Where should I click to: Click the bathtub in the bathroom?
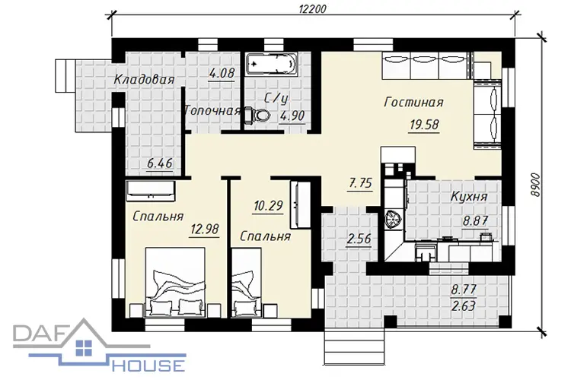tap(271, 65)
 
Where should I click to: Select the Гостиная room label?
tap(413, 102)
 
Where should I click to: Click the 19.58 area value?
tap(424, 125)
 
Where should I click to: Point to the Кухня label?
tap(469, 197)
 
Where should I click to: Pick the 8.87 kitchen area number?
tap(475, 220)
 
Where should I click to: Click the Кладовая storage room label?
tap(144, 79)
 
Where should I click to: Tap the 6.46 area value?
tap(160, 163)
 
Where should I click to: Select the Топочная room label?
tap(213, 110)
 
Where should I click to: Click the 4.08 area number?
tap(222, 73)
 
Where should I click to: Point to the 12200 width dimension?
tap(312, 8)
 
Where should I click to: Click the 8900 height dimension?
tap(535, 185)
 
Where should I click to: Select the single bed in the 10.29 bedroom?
tap(247, 283)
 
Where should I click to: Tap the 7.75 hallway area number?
tap(361, 183)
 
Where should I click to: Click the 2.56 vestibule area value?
tap(359, 239)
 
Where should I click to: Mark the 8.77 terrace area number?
tap(464, 290)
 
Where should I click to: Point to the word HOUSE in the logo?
tap(148, 365)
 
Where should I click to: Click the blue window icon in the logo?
tap(84, 347)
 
